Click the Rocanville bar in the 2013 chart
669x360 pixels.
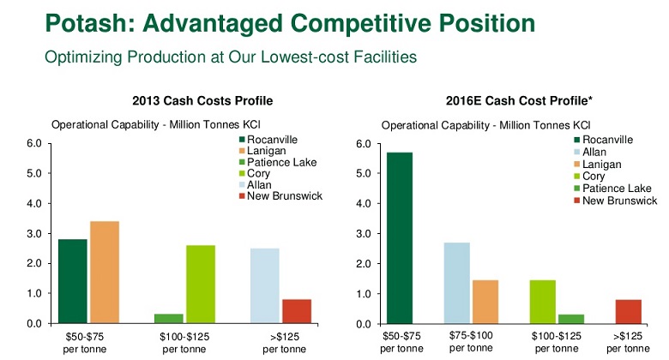(x=73, y=281)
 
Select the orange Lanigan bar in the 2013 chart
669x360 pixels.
(x=105, y=272)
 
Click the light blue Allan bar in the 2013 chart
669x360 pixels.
(x=265, y=285)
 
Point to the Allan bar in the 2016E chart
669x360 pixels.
(x=456, y=283)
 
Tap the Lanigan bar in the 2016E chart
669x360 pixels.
(x=485, y=302)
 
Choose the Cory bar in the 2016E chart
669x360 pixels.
(x=544, y=302)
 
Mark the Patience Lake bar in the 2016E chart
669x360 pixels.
(x=571, y=319)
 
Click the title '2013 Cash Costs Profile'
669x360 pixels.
(x=196, y=101)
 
